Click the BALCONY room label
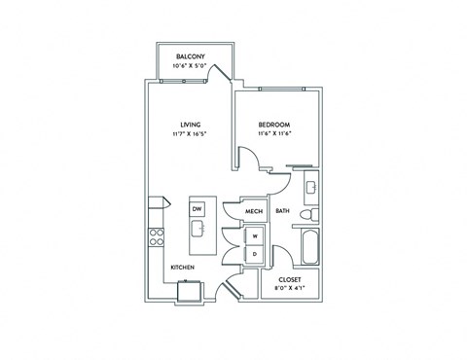coord(191,56)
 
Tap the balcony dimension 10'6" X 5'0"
coord(190,66)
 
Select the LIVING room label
coord(191,125)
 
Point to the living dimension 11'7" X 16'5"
coord(190,133)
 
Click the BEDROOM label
coord(274,125)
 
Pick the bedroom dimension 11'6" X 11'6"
coord(273,133)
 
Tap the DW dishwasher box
coord(197,209)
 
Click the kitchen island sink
coord(198,229)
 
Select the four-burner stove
coord(156,237)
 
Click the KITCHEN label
coord(183,268)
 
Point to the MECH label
coord(254,211)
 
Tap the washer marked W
coord(255,236)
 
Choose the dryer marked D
coord(255,254)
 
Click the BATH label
coord(282,211)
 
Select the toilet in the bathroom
coord(309,214)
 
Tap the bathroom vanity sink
coord(311,187)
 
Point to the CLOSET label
coord(290,279)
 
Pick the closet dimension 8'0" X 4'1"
coord(290,287)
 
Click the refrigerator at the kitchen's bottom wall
coord(190,291)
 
